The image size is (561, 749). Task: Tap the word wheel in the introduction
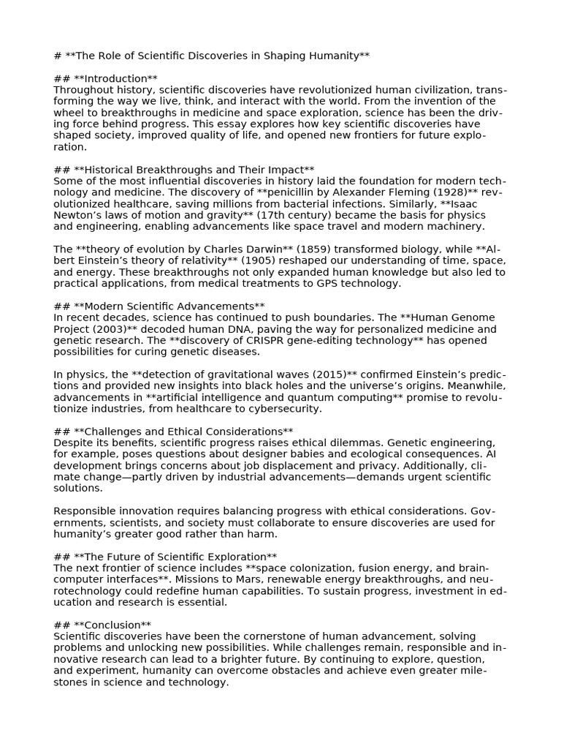(x=70, y=113)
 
